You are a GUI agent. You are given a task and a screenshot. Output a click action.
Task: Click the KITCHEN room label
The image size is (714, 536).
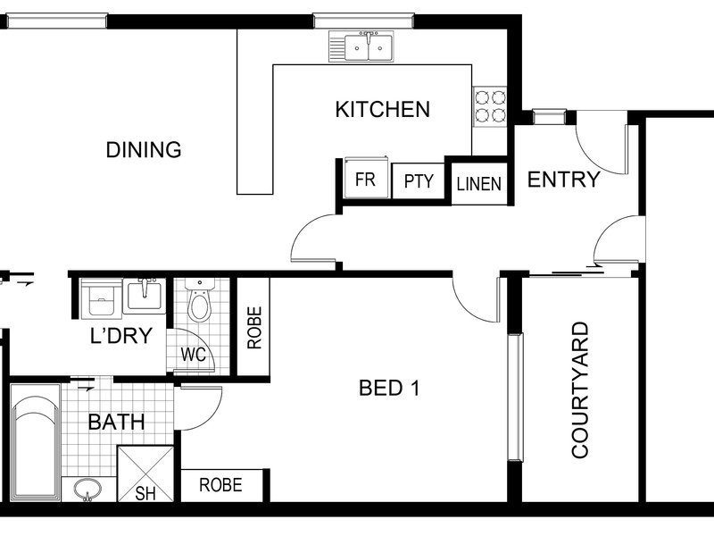point(383,109)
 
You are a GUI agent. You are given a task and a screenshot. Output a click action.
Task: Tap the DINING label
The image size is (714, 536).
point(144,150)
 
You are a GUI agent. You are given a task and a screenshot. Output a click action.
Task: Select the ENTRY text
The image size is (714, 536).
point(563,180)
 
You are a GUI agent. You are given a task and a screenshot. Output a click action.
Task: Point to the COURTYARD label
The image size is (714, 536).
point(580,390)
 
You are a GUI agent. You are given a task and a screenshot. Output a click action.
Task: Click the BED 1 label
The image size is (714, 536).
point(389,388)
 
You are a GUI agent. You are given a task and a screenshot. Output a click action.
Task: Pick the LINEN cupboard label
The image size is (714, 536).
point(479,184)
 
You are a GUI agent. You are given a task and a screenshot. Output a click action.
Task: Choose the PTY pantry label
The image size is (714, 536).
point(419,181)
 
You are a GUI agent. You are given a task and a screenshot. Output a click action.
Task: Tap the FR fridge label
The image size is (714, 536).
point(365,180)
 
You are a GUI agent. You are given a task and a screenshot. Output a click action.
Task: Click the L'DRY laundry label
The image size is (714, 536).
point(121,336)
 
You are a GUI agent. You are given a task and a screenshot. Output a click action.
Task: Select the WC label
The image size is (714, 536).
point(194,355)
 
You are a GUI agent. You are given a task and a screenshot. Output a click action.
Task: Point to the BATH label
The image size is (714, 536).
point(116,422)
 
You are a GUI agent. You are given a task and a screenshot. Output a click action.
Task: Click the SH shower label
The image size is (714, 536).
point(145,493)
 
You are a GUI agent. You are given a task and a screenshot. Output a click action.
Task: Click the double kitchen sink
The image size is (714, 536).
point(361,46)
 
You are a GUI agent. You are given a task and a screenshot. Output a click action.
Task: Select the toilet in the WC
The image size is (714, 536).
point(199,299)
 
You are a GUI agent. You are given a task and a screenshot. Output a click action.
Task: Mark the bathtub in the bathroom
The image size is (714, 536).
point(36,442)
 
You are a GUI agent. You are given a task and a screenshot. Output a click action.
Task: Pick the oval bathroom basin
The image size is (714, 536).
point(87,490)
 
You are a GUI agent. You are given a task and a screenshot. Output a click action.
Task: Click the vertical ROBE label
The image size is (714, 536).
point(254,328)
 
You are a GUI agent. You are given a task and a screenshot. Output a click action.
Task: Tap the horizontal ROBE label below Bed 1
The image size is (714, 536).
point(220,485)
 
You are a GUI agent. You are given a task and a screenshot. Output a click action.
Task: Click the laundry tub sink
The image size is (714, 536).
point(145,296)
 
